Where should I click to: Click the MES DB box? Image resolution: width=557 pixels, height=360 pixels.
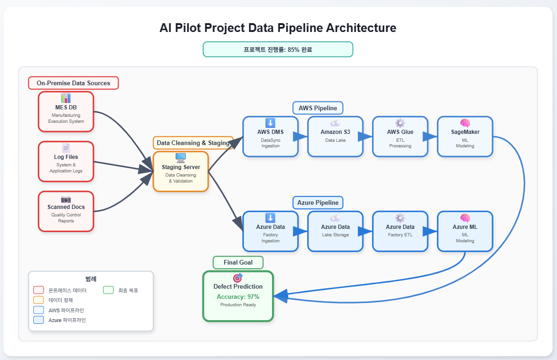pyautogui.click(x=66, y=111)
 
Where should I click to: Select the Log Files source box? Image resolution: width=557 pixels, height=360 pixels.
pyautogui.click(x=66, y=161)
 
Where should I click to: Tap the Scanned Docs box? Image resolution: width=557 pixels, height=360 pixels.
pyautogui.click(x=66, y=211)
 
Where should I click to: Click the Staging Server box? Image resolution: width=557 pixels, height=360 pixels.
pyautogui.click(x=181, y=171)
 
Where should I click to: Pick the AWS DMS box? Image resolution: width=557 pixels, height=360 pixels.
pyautogui.click(x=270, y=136)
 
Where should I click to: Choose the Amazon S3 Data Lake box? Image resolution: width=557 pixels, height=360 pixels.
pyautogui.click(x=335, y=136)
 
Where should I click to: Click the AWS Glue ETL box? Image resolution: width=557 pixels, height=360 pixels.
pyautogui.click(x=400, y=136)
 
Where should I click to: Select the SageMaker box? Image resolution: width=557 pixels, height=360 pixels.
pyautogui.click(x=465, y=136)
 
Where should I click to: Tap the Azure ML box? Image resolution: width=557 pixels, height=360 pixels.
pyautogui.click(x=465, y=231)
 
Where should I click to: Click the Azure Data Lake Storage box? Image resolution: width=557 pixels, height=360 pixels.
pyautogui.click(x=335, y=231)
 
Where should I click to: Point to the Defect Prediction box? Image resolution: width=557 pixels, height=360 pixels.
pyautogui.click(x=238, y=296)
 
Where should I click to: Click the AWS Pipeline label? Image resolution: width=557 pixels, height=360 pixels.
pyautogui.click(x=318, y=108)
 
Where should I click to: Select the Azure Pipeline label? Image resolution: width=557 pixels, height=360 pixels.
pyautogui.click(x=318, y=202)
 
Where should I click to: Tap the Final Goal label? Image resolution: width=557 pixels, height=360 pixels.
pyautogui.click(x=238, y=262)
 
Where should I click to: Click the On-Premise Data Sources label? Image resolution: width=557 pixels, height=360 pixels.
pyautogui.click(x=73, y=83)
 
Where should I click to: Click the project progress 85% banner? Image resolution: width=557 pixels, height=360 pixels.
pyautogui.click(x=278, y=49)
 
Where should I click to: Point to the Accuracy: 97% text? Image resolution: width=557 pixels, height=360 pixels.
pyautogui.click(x=238, y=297)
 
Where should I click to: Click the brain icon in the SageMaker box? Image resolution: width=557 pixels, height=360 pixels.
pyautogui.click(x=465, y=123)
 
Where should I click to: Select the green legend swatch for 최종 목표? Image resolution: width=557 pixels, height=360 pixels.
pyautogui.click(x=108, y=290)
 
